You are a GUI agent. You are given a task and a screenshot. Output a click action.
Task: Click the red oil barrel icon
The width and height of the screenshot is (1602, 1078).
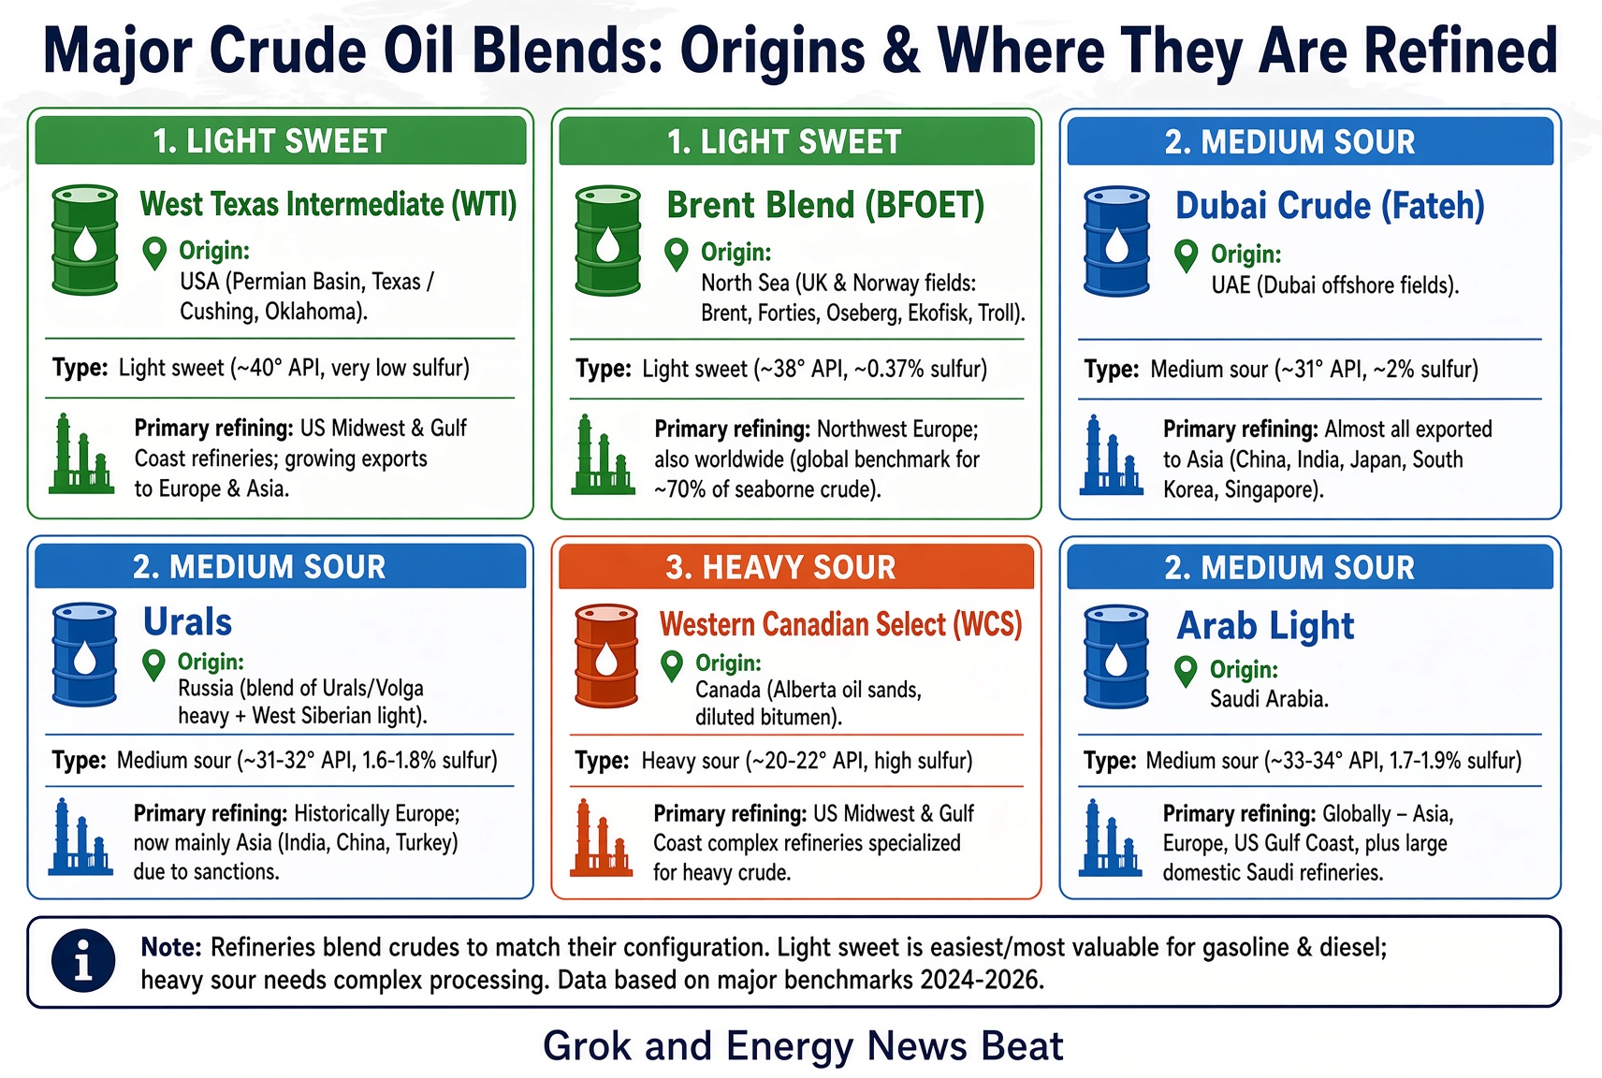(606, 656)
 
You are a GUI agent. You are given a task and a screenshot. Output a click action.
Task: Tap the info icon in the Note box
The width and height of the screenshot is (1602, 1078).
(83, 961)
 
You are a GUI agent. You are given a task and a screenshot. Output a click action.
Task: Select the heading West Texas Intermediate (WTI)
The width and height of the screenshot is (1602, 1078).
(328, 205)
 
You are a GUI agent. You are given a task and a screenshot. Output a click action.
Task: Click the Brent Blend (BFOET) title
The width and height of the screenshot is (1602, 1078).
(825, 205)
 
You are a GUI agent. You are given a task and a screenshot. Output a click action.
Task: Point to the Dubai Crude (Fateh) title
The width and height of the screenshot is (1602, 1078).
(1330, 206)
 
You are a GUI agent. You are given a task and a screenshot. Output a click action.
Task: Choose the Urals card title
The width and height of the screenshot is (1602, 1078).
(187, 621)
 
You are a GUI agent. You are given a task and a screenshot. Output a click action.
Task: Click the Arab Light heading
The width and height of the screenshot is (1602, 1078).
(1265, 625)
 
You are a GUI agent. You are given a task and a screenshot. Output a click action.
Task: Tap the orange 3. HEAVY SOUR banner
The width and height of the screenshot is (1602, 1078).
(796, 566)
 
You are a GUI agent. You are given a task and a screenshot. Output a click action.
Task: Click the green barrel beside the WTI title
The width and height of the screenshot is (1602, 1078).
(85, 240)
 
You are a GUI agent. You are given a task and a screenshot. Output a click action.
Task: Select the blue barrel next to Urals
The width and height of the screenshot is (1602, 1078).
(84, 654)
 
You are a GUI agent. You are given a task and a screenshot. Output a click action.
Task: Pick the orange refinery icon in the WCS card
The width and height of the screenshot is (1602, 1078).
(602, 838)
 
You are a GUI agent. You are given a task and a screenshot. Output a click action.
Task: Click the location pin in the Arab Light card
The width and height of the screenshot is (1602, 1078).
(1186, 672)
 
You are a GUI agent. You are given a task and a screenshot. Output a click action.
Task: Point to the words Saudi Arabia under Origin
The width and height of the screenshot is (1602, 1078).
(1269, 699)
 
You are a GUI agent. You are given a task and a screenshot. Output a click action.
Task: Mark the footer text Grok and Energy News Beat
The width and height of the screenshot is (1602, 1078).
(803, 1046)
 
